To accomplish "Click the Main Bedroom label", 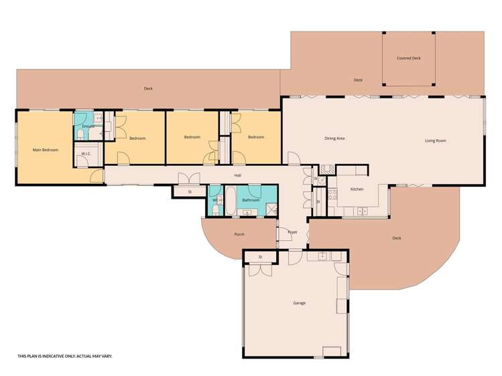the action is point(46,150).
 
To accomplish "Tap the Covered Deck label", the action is point(409,58).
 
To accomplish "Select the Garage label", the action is point(300,303).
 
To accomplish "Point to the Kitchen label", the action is point(357,189).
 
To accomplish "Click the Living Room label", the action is point(436,140).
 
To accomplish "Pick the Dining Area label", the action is point(334,138).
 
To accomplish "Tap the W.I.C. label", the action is point(86,154).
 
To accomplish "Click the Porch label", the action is point(239,234).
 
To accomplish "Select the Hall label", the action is point(237,175).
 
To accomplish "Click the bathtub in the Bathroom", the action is point(231,201).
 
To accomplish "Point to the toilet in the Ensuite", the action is point(80,136).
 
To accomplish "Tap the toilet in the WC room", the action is point(216,210).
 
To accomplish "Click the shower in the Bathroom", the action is point(273,209).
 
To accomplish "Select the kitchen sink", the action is point(363,211).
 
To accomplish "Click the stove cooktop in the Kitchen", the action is point(332,195).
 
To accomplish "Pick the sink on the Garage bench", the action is point(323,256).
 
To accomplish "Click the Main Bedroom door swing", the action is point(97,176).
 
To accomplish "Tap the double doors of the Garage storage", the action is point(261,270).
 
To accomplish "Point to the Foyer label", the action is point(293,232).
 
